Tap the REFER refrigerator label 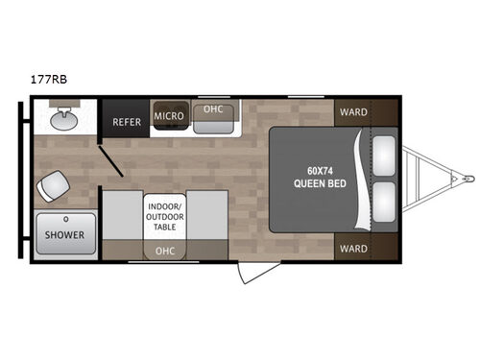coord(127,122)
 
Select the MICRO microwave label coord(168,116)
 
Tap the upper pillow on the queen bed coord(386,154)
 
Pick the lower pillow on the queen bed coord(386,203)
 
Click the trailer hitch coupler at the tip coord(468,179)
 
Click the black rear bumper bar coord(20,180)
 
